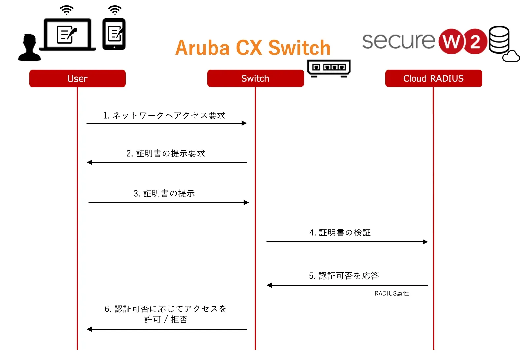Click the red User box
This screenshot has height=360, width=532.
pyautogui.click(x=77, y=78)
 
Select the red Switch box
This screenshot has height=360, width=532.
pyautogui.click(x=255, y=78)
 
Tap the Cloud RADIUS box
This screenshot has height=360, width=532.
pyautogui.click(x=433, y=78)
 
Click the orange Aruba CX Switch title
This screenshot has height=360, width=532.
pyautogui.click(x=253, y=48)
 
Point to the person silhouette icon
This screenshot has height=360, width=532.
pyautogui.click(x=30, y=48)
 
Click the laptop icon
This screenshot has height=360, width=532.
pyautogui.click(x=68, y=35)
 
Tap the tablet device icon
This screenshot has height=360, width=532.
pyautogui.click(x=114, y=34)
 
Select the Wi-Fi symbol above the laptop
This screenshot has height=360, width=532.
pyautogui.click(x=67, y=10)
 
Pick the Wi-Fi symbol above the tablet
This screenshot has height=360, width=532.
pyautogui.click(x=115, y=10)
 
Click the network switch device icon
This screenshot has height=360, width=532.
pyautogui.click(x=329, y=68)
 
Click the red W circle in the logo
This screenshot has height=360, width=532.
pyautogui.click(x=451, y=41)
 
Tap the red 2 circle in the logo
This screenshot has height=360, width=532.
pyautogui.click(x=475, y=42)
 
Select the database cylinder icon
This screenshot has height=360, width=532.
pyautogui.click(x=499, y=39)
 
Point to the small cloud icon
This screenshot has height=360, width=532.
pyautogui.click(x=511, y=56)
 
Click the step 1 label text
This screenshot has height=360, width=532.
pyautogui.click(x=164, y=115)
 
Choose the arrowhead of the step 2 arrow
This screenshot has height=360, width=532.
pyautogui.click(x=89, y=162)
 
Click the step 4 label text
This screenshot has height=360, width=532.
pyautogui.click(x=340, y=233)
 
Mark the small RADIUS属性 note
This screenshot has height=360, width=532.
pyautogui.click(x=391, y=293)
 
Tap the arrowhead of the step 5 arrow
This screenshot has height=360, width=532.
pyautogui.click(x=269, y=285)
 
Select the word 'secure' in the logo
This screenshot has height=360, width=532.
pyautogui.click(x=399, y=41)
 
